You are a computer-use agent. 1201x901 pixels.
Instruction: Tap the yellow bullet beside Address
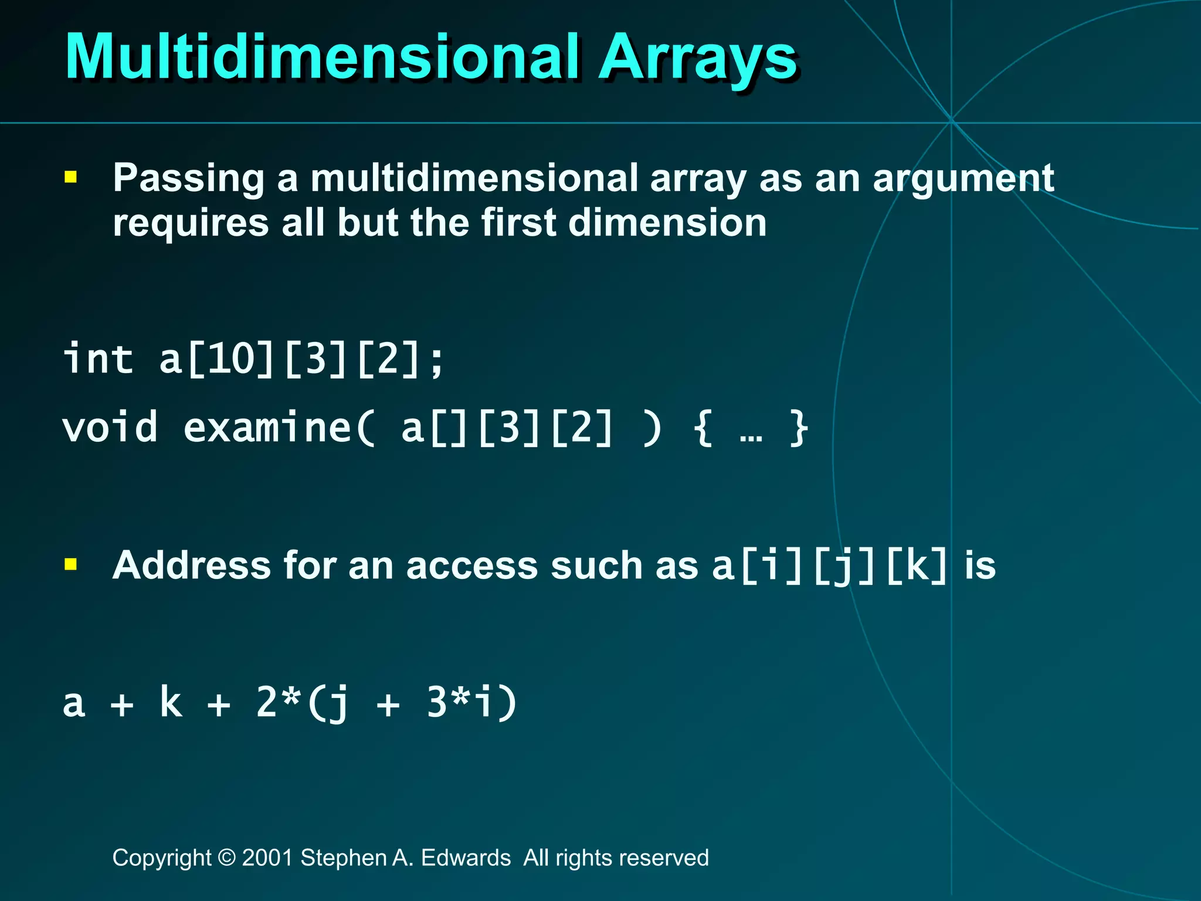pyautogui.click(x=71, y=564)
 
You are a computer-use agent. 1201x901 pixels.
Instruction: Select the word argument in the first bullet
pyautogui.click(x=963, y=179)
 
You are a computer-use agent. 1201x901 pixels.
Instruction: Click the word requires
pyautogui.click(x=191, y=223)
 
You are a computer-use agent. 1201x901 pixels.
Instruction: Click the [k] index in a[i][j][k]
pyautogui.click(x=917, y=566)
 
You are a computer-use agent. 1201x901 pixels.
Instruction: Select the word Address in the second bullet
pyautogui.click(x=192, y=565)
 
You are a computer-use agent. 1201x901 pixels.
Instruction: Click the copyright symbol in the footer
pyautogui.click(x=226, y=858)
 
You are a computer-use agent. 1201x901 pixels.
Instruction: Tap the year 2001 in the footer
pyautogui.click(x=267, y=858)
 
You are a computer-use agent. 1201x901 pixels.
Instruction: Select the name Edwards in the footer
pyautogui.click(x=466, y=858)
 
